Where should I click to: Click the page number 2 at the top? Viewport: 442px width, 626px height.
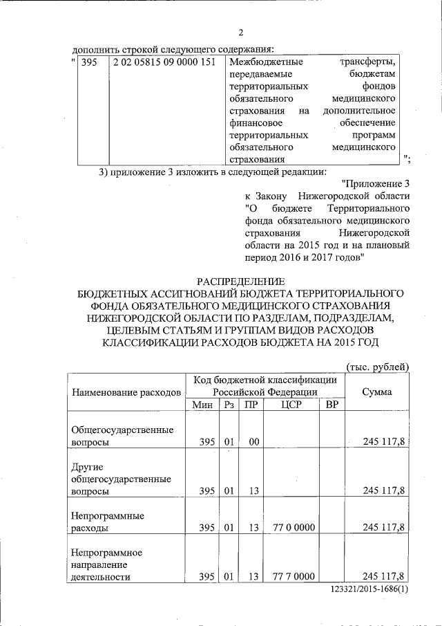click(240, 33)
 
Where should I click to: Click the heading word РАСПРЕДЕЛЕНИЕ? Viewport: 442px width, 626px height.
click(240, 281)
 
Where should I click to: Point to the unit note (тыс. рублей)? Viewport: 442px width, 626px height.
click(377, 366)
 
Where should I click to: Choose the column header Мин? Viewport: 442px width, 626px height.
click(204, 405)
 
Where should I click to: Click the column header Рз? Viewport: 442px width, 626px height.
click(229, 405)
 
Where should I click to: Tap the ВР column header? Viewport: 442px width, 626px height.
click(331, 405)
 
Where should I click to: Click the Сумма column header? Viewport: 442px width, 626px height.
click(377, 392)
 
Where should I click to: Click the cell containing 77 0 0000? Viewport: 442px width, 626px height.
click(294, 528)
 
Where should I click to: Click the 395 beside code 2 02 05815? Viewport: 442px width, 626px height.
click(89, 62)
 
